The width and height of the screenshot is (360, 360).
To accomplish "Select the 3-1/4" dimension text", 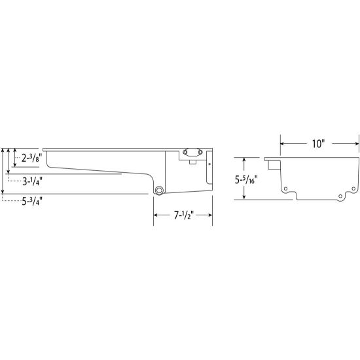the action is pyautogui.click(x=32, y=182).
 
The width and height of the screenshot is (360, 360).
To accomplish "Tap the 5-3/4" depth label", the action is pyautogui.click(x=32, y=202).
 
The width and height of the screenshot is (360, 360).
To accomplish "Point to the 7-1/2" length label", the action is pyautogui.click(x=184, y=215).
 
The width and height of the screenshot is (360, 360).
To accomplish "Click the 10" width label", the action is pyautogui.click(x=318, y=144).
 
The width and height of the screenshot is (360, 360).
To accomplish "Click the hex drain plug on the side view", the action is pyautogui.click(x=159, y=190).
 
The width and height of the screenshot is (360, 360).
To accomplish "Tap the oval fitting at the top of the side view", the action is pyautogui.click(x=192, y=152).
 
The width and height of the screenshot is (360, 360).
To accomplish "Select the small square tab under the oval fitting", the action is pyautogui.click(x=192, y=162).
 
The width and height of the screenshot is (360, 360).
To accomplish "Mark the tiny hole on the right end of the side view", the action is pyautogui.click(x=209, y=164).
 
